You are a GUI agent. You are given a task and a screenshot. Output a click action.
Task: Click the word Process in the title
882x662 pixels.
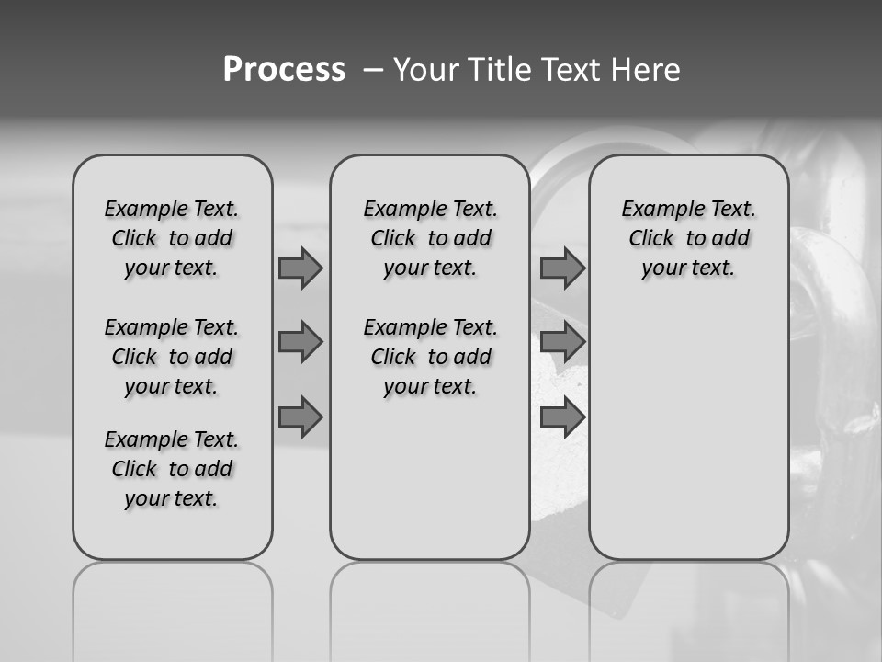pos(284,70)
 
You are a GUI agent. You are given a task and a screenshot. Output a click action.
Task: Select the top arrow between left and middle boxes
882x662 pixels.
pos(300,268)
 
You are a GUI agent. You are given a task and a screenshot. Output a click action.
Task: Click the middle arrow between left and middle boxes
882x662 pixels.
pos(300,342)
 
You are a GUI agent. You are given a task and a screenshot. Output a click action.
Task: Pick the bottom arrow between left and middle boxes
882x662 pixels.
pos(300,417)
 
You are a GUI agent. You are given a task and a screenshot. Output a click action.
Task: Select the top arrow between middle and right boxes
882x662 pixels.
pos(562,268)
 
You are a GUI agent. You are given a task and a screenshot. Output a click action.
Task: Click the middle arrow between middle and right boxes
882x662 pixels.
pos(562,342)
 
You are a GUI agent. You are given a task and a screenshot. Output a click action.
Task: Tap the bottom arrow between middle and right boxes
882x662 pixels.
pos(562,417)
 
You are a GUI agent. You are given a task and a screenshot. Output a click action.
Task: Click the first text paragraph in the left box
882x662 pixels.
pos(172,238)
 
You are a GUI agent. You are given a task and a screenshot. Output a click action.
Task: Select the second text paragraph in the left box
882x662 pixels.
pos(172,357)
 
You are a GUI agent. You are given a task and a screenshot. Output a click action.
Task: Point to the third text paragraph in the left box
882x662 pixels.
pos(172,469)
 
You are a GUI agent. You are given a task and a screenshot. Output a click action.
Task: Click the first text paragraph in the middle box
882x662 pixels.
pos(431,238)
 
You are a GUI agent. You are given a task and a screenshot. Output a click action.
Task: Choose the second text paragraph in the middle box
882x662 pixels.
pos(431,357)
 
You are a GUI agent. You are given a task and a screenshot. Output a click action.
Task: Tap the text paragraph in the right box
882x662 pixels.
pos(689,238)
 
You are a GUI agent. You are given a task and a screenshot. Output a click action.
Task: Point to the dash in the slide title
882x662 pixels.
pos(373,70)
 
